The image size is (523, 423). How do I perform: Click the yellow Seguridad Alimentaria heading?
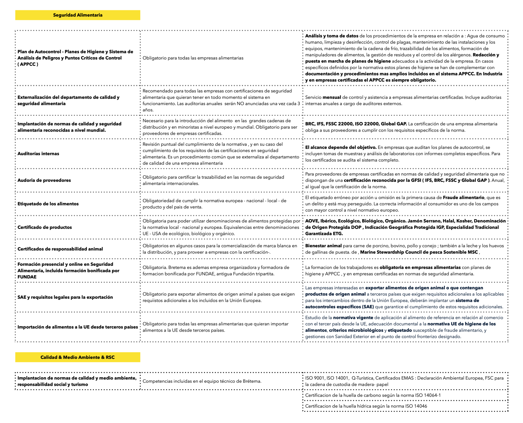pos(78,15)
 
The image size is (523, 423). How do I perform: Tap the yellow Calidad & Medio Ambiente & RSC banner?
pos(78,357)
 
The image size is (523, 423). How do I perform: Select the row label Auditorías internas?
pos(38,154)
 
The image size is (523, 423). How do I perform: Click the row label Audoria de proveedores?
pos(44,180)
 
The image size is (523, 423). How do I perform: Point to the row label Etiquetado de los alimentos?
pos(48,204)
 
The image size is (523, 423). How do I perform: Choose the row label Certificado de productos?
pos(45,227)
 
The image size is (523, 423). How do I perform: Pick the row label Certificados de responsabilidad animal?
pos(60,249)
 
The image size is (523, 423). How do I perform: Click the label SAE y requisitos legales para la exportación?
pos(65,297)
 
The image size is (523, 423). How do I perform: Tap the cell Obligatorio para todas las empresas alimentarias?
pos(193,58)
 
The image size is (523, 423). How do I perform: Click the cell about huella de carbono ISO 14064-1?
pos(373,395)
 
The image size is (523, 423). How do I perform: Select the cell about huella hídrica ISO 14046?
pos(366,406)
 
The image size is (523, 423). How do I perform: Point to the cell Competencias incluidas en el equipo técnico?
pos(202,381)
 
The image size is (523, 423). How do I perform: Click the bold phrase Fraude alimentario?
pos(463,198)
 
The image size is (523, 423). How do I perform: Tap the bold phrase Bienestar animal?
pos(323,246)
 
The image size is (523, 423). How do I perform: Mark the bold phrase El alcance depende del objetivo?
pos(341,147)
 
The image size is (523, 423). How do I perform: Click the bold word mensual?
pos(332,97)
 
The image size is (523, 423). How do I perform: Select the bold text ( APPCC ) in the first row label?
pos(28,64)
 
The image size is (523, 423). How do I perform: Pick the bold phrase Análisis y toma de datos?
pos(332,36)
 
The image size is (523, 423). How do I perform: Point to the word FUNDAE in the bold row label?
pos(27,277)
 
